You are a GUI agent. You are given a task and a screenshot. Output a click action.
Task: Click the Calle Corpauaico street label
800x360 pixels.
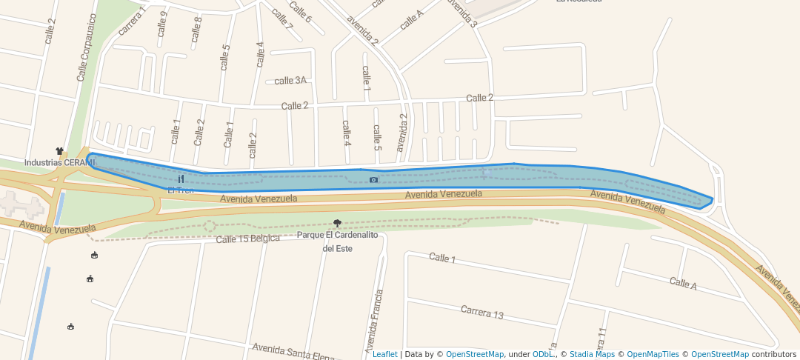pos(87,47)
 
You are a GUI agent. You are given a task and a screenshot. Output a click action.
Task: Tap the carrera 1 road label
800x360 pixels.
pos(131,20)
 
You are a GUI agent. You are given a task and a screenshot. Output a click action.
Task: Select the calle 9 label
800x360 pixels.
pos(162,24)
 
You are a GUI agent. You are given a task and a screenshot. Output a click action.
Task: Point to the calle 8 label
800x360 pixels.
pos(196,29)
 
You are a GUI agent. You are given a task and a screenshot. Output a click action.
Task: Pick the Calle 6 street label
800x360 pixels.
pos(300,11)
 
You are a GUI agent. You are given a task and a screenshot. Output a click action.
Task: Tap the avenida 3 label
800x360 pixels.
pos(462,13)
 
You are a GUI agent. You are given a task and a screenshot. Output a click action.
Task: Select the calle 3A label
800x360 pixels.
pos(290,81)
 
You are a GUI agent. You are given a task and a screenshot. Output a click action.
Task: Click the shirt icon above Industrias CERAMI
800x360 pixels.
pos(59,151)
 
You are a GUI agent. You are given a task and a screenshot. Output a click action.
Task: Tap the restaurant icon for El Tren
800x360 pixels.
pos(181,179)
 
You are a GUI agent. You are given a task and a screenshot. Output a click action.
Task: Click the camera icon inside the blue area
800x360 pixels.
pos(373,179)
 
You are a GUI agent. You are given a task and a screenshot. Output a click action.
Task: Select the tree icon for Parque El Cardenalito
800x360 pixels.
pos(338,223)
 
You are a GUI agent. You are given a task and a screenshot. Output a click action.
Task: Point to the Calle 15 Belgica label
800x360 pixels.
pos(247,239)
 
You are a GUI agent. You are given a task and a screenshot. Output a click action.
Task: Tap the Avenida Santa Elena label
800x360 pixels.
pos(293,351)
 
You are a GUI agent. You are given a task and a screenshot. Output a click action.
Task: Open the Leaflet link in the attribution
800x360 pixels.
pos(384,354)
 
